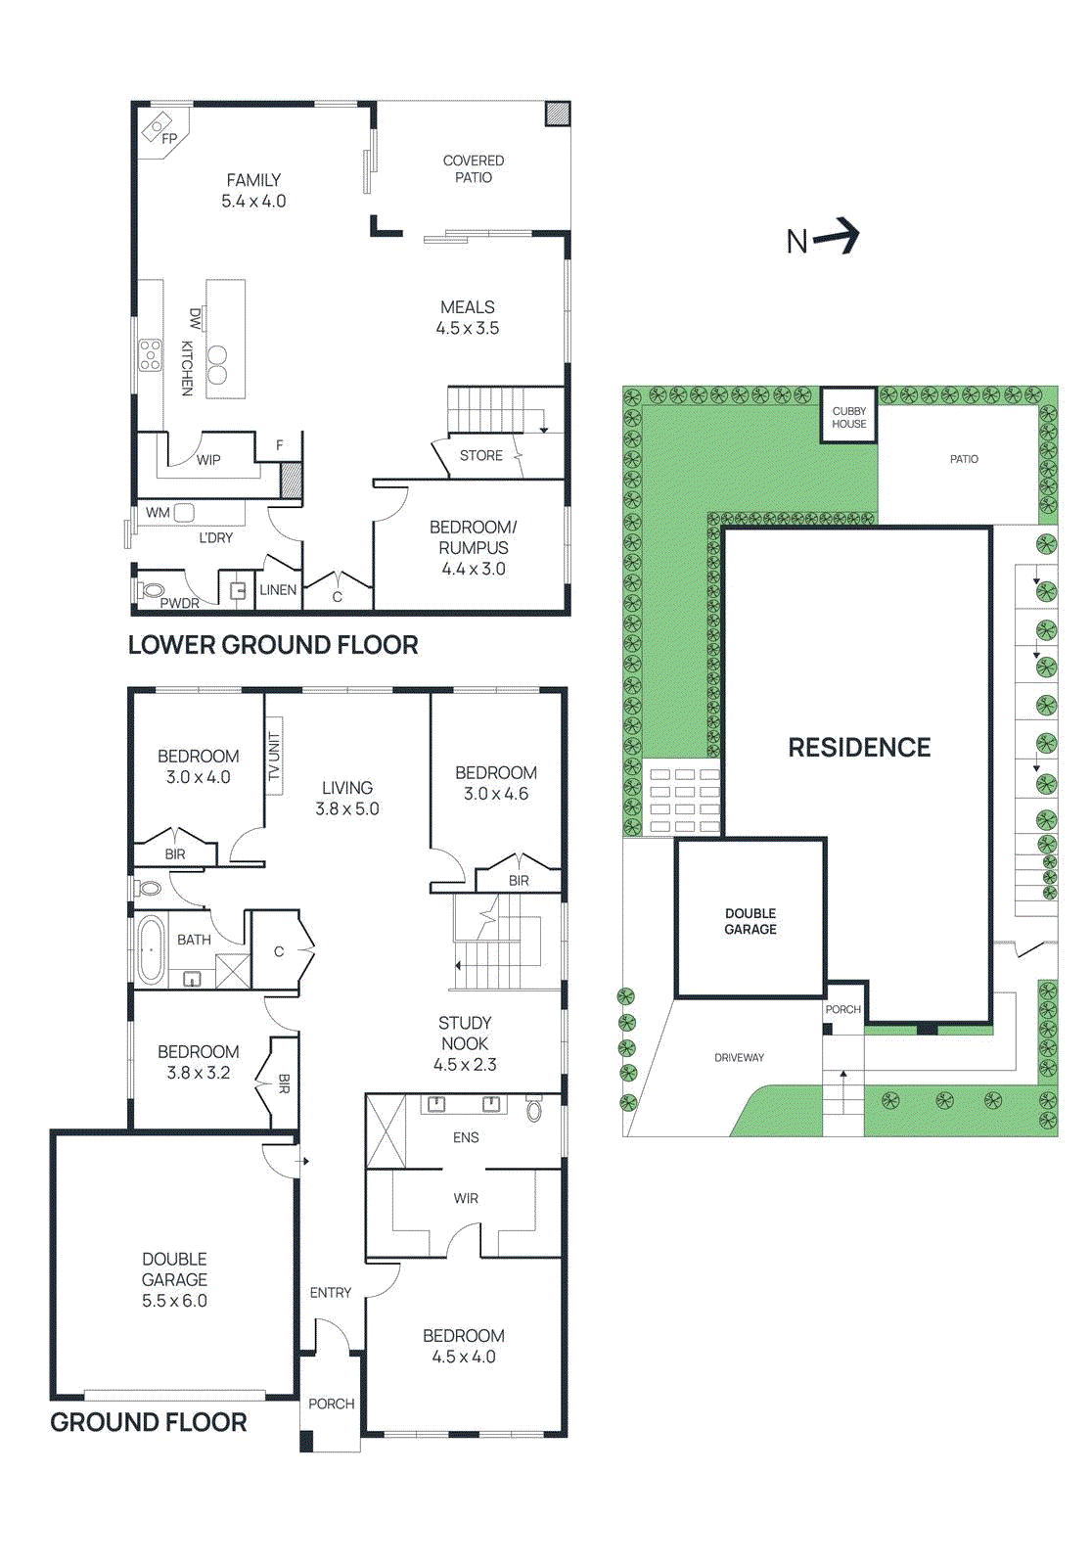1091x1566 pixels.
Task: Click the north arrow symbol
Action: pos(838,237)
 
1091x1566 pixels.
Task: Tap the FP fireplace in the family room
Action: pos(159,130)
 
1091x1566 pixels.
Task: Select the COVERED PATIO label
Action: pos(474,168)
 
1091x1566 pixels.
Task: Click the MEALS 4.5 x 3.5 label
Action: pos(468,317)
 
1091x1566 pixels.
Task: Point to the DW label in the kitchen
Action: pos(195,318)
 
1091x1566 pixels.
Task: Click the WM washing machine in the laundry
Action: pos(183,512)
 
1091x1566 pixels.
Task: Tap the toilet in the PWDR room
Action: pos(152,590)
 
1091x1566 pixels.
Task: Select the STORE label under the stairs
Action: pos(480,455)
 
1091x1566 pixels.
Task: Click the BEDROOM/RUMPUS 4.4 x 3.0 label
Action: pos(474,547)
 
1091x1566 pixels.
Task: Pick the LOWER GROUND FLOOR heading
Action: pos(273,644)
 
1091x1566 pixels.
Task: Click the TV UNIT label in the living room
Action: pos(274,757)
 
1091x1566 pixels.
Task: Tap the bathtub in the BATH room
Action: pos(151,949)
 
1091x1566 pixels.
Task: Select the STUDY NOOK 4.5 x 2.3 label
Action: pos(465,1043)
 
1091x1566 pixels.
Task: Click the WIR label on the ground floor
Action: pos(466,1198)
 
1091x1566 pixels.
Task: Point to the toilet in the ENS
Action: pos(533,1110)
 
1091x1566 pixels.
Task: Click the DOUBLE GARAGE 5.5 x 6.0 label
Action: pos(174,1279)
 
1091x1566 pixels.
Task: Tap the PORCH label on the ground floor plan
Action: pos(331,1404)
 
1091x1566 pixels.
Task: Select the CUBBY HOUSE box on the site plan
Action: pos(848,417)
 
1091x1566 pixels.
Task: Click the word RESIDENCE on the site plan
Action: pos(859,747)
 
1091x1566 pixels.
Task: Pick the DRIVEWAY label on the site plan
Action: pos(739,1057)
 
